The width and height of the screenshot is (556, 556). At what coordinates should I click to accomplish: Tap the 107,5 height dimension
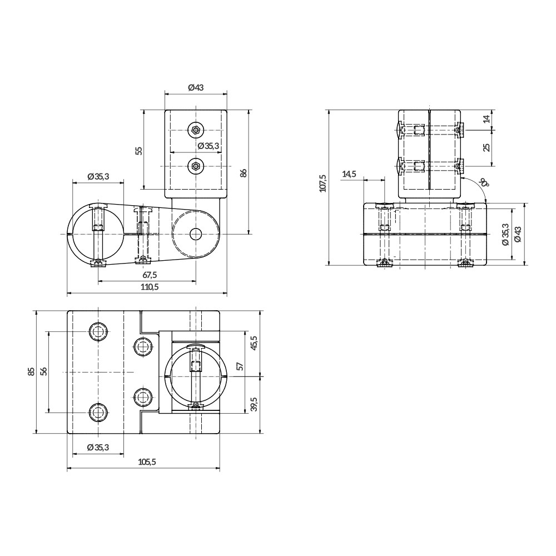point(323,184)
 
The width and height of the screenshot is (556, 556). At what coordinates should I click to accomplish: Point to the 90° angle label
point(484,182)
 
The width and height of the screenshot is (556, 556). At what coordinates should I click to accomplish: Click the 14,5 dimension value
point(349,174)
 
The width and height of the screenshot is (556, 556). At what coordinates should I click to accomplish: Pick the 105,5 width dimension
point(146,462)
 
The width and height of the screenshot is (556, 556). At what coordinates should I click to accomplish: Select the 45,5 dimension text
point(254,343)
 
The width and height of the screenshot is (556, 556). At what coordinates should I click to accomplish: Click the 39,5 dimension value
point(254,404)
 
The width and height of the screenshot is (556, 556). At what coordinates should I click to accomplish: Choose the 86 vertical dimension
point(242,172)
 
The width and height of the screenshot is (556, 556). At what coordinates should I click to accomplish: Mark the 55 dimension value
point(139,151)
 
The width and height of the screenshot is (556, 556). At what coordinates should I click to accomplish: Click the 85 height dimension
point(31,371)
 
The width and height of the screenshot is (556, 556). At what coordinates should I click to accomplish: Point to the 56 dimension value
point(43,371)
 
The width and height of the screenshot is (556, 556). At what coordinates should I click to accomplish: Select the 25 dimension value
point(486,147)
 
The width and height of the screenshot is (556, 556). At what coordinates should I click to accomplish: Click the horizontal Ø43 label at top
point(196,87)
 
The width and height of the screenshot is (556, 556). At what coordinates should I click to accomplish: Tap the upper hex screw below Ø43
point(195,131)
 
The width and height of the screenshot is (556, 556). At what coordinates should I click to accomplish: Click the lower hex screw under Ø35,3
point(195,165)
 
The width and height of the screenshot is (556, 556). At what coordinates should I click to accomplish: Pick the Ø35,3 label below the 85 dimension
point(98,448)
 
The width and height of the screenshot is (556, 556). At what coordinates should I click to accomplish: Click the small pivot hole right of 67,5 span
point(195,234)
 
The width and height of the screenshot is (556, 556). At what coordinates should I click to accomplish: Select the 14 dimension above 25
point(486,119)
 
